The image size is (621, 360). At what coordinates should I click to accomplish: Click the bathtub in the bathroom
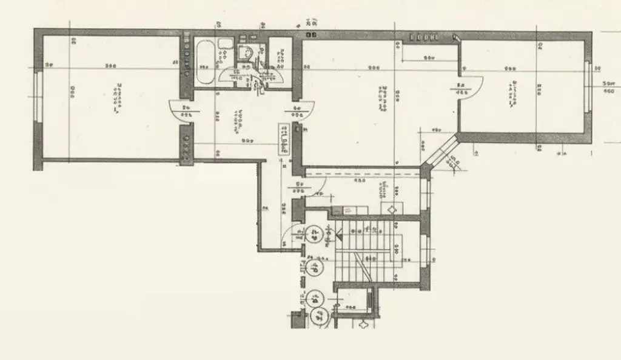[x=205, y=63]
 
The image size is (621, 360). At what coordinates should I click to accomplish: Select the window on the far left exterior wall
[x=38, y=97]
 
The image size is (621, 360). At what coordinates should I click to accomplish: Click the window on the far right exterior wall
[x=588, y=86]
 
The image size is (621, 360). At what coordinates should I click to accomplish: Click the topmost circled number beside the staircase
[x=315, y=234]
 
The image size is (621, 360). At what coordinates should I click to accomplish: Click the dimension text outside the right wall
[x=606, y=87]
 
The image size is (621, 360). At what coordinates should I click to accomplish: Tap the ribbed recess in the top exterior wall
[x=424, y=36]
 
